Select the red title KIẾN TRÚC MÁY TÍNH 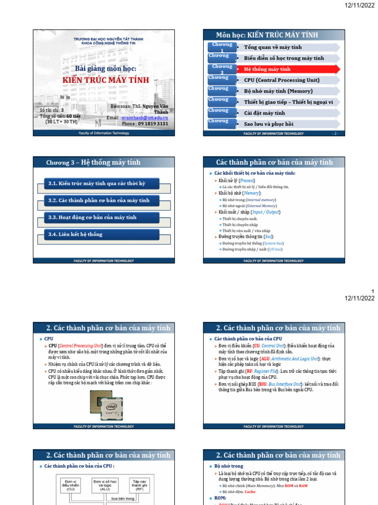pyautogui.click(x=102, y=79)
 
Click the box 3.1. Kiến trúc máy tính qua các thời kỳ pyautogui.click(x=96, y=183)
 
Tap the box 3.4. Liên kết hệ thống pyautogui.click(x=76, y=234)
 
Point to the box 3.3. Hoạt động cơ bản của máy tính pyautogui.click(x=93, y=217)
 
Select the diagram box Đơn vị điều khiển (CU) pyautogui.click(x=71, y=485)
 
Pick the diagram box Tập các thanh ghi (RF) pyautogui.click(x=139, y=485)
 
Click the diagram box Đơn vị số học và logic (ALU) pyautogui.click(x=105, y=485)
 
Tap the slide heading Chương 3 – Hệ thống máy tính pyautogui.click(x=93, y=162)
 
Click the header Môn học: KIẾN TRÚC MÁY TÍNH pyautogui.click(x=267, y=35)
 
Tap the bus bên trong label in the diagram pyautogui.click(x=123, y=499)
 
